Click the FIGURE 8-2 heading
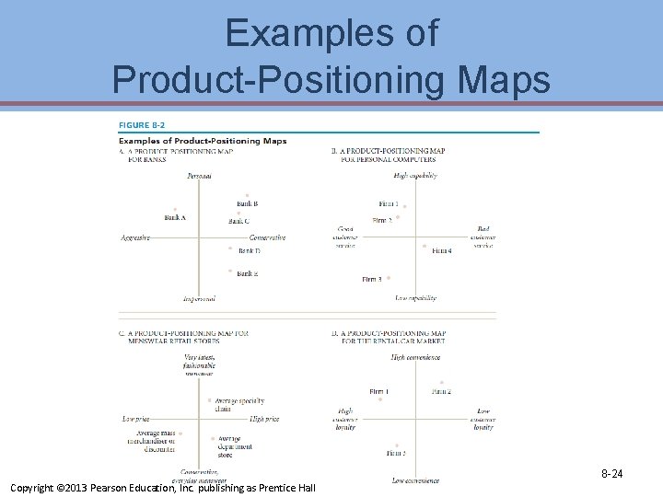pyautogui.click(x=144, y=125)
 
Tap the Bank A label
pyautogui.click(x=175, y=218)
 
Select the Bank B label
pyautogui.click(x=247, y=203)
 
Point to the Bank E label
pyautogui.click(x=247, y=273)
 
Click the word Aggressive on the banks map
pyautogui.click(x=135, y=237)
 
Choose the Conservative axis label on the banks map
pyautogui.click(x=268, y=237)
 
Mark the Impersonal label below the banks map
pyautogui.click(x=199, y=298)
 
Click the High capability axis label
pyautogui.click(x=414, y=175)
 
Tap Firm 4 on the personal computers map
pyautogui.click(x=442, y=251)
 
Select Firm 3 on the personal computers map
pyautogui.click(x=371, y=279)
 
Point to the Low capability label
pyautogui.click(x=415, y=298)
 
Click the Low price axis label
pyautogui.click(x=135, y=419)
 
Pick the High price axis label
pyautogui.click(x=264, y=419)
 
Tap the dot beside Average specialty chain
pyautogui.click(x=210, y=400)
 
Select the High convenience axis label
pyautogui.click(x=415, y=357)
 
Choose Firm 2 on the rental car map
pyautogui.click(x=441, y=392)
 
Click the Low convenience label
pyautogui.click(x=414, y=480)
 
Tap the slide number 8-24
pyautogui.click(x=612, y=474)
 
